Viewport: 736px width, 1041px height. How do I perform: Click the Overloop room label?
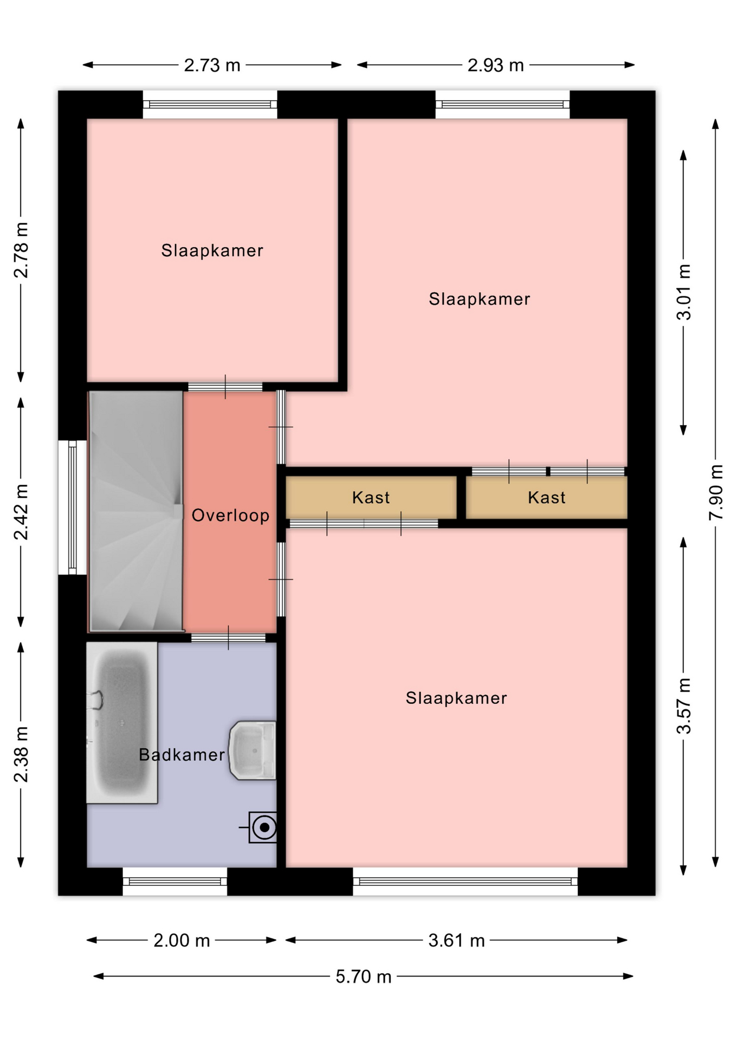coord(230,515)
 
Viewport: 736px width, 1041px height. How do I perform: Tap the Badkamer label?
coord(182,754)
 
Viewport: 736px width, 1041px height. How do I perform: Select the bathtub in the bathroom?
coord(122,722)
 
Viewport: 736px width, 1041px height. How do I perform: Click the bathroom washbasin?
coord(253,750)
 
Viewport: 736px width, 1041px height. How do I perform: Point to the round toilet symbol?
coord(263,827)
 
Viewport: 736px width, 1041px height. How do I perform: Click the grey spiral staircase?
coord(136,511)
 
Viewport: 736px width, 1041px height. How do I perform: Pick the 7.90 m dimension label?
coord(715,492)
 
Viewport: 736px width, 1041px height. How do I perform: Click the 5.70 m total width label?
coord(363,976)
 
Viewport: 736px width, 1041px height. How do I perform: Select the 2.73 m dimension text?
coord(212,65)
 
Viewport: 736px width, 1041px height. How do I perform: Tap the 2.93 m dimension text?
coord(495,65)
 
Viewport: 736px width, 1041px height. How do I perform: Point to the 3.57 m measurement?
coord(683,706)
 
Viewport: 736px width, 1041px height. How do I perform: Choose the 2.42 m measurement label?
coord(21,512)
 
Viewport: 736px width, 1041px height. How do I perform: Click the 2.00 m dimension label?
coord(182,940)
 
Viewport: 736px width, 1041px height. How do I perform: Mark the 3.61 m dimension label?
coord(456,940)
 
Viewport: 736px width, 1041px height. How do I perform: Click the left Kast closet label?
coord(371,497)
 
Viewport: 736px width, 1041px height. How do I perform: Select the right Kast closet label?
coord(546,497)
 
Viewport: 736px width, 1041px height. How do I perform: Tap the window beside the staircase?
coord(73,507)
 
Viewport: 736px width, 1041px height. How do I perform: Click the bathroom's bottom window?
coord(175,882)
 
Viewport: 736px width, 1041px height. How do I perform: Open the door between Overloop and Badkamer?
coord(228,638)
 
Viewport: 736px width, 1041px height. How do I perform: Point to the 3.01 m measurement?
coord(683,292)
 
